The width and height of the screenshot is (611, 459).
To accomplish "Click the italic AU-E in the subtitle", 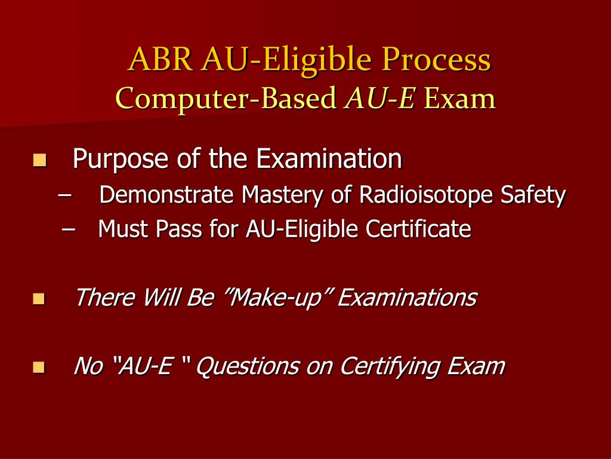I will pos(379,99).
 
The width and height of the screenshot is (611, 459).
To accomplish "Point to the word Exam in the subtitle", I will pos(460,99).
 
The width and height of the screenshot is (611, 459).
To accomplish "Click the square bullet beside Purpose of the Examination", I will pos(40,160).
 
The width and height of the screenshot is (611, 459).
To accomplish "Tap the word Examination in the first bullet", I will pos(329,159).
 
